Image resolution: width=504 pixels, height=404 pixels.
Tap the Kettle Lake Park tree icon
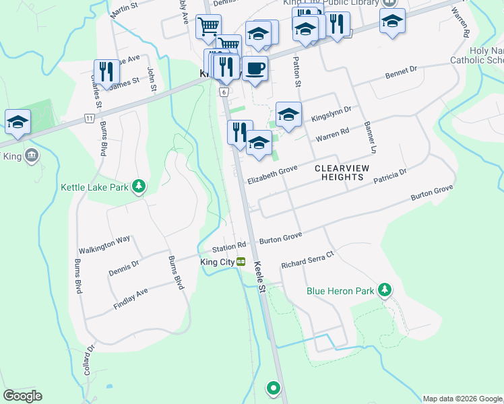139,186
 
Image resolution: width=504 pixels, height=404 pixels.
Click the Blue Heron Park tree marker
384,290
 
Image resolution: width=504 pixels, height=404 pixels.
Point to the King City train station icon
241,262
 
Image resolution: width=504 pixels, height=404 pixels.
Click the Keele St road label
261,277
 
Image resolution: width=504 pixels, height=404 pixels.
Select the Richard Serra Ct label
307,259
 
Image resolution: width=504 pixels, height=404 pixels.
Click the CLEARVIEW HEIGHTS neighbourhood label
348,172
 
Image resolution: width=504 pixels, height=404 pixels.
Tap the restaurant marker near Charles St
106,71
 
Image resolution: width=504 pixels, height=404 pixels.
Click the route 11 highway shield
89,118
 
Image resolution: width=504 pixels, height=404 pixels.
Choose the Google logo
22,396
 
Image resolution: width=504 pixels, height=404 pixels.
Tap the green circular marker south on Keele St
273,388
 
